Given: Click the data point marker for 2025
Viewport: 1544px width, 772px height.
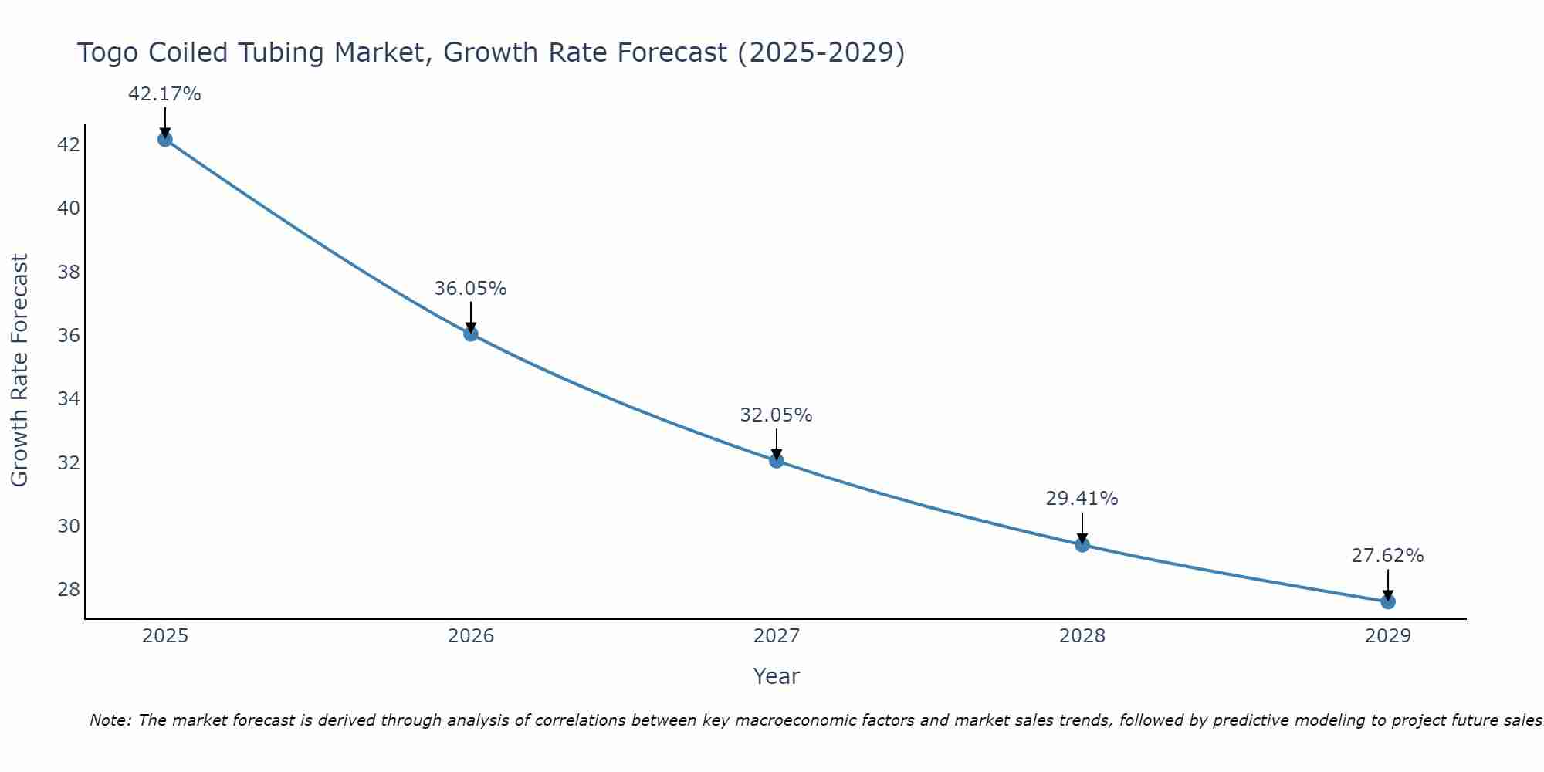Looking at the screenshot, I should click(164, 139).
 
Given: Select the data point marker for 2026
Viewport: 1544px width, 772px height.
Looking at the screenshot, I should click(471, 334).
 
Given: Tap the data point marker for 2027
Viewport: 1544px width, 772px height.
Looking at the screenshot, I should click(777, 461).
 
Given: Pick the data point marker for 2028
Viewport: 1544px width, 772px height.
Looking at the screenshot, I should click(1082, 544).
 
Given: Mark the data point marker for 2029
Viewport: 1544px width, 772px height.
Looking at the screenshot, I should click(1388, 601).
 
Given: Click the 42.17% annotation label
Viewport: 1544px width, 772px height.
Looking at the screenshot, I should click(164, 94).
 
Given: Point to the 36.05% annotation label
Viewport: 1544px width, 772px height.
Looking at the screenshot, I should click(470, 289).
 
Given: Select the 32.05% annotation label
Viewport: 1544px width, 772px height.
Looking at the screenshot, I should click(776, 415).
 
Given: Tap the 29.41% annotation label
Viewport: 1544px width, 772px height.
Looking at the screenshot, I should click(1082, 499).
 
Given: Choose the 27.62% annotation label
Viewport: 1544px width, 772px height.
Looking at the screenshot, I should click(1387, 556).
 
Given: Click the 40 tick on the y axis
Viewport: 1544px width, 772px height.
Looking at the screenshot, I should click(69, 208).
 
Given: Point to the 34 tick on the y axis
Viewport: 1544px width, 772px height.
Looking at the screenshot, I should click(69, 399).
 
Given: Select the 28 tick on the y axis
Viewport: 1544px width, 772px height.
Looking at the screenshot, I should click(69, 590).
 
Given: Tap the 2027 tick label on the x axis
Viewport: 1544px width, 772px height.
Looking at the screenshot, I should click(777, 636).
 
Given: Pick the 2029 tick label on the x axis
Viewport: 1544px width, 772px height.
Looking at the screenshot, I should click(1388, 636).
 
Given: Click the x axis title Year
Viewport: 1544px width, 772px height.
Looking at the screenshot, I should click(776, 676).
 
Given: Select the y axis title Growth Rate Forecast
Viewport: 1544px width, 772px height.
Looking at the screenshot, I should click(19, 371).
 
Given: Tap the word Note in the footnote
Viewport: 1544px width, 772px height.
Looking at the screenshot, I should click(110, 720).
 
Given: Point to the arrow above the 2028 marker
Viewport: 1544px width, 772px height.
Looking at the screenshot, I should click(1082, 528).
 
